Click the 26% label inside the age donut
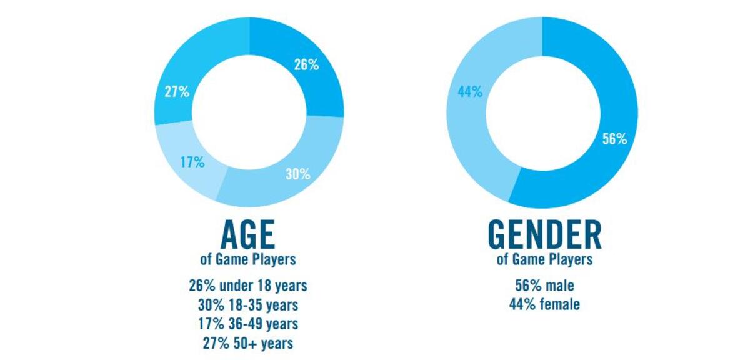(x=306, y=64)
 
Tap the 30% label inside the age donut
(x=298, y=174)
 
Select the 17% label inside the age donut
(x=192, y=162)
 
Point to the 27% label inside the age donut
(x=177, y=92)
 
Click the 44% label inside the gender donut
(x=470, y=92)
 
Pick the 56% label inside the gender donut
(x=614, y=139)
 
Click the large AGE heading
(x=248, y=236)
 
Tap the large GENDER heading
(x=544, y=236)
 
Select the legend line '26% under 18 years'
(x=248, y=286)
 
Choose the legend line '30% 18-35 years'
(x=248, y=305)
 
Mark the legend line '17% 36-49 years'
(x=248, y=324)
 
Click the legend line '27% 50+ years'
(x=248, y=342)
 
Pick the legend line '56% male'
(x=544, y=286)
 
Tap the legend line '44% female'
(x=544, y=305)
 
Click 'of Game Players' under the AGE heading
(x=248, y=259)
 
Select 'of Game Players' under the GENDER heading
(x=544, y=259)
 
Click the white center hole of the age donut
(x=249, y=111)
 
